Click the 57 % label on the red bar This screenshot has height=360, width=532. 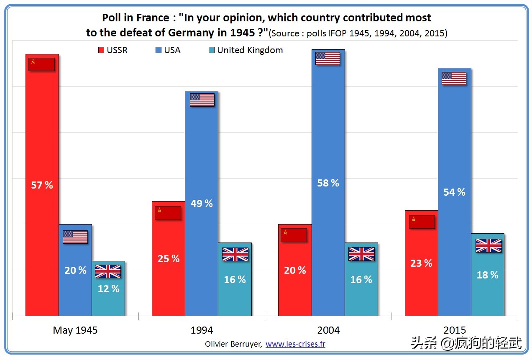pyautogui.click(x=42, y=185)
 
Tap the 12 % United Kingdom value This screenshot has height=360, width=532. pyautogui.click(x=108, y=289)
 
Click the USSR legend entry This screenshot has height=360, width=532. pyautogui.click(x=113, y=50)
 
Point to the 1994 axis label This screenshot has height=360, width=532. pyautogui.click(x=202, y=330)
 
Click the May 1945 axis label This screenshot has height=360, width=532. pyautogui.click(x=75, y=330)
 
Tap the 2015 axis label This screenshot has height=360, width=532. pyautogui.click(x=455, y=330)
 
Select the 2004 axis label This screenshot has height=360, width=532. pyautogui.click(x=328, y=330)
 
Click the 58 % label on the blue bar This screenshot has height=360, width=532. pyautogui.click(x=328, y=183)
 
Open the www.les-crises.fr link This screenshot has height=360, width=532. pyautogui.click(x=295, y=344)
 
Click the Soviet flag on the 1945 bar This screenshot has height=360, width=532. pyautogui.click(x=41, y=64)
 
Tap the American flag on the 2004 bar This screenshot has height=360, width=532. pyautogui.click(x=327, y=59)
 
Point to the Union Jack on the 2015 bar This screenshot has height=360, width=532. pyautogui.click(x=488, y=246)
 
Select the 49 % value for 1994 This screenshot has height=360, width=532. pyautogui.click(x=202, y=204)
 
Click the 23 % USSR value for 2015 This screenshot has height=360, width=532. pyautogui.click(x=422, y=263)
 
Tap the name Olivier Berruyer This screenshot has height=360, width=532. pyautogui.click(x=233, y=344)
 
